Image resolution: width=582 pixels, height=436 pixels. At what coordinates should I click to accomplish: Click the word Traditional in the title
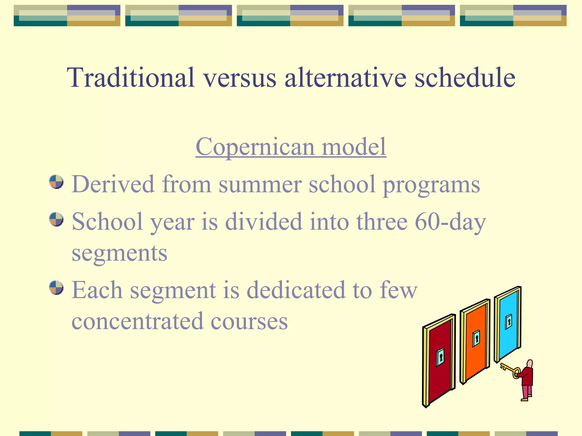131,77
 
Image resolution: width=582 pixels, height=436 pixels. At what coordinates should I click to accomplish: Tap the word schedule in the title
465,77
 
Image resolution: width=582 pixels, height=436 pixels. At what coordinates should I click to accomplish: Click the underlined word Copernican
255,147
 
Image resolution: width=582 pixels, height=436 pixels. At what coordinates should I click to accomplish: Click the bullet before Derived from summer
56,182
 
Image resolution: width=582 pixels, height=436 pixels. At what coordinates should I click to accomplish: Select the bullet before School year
56,219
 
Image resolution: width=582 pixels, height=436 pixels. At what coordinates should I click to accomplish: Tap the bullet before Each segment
56,288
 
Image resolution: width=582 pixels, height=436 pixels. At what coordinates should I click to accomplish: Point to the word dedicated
296,290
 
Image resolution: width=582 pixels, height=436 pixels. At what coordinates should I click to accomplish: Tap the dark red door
439,375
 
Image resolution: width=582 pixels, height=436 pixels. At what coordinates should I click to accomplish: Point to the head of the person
529,364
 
